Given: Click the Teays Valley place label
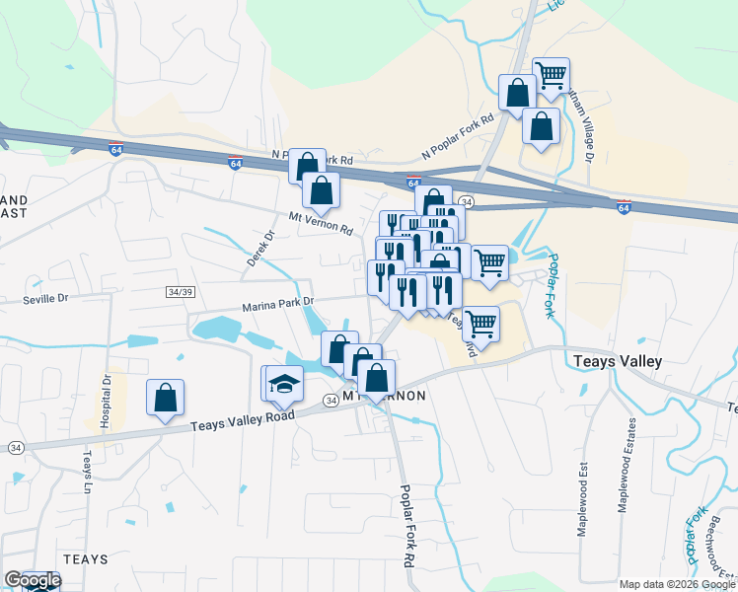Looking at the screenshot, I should (x=618, y=362).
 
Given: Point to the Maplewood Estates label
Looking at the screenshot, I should (x=625, y=464).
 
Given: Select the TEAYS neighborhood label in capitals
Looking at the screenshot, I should (x=86, y=558).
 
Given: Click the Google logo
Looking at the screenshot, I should (x=33, y=580).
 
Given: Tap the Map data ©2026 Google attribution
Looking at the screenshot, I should (x=676, y=584).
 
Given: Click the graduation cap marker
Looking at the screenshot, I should (x=283, y=383).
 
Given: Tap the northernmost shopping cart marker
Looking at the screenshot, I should (x=551, y=74).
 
